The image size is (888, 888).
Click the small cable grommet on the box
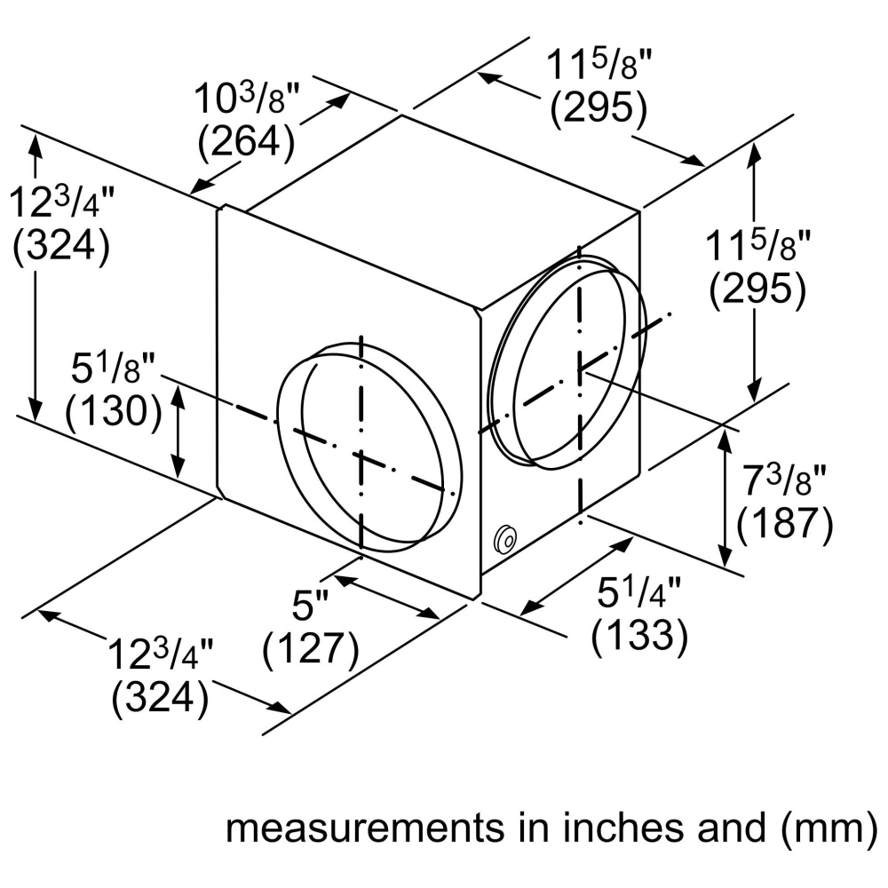click(504, 538)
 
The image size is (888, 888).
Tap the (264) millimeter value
click(246, 140)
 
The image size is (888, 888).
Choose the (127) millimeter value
click(310, 648)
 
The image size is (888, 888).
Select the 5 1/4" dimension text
click(638, 592)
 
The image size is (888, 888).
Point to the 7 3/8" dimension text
click(784, 480)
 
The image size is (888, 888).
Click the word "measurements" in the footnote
click(365, 829)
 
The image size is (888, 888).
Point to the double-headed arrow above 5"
click(387, 597)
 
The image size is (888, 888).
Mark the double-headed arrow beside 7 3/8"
click(725, 496)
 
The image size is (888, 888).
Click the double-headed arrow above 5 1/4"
click(576, 576)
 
